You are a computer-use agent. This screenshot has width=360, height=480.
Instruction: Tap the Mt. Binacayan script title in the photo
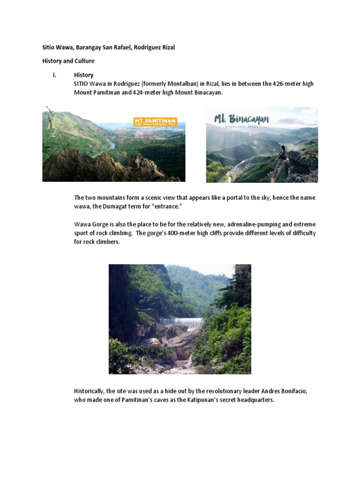pyautogui.click(x=241, y=118)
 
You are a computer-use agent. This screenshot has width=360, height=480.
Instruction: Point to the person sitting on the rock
pyautogui.click(x=282, y=153)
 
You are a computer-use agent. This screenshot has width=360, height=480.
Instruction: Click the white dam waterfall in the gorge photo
pyautogui.click(x=181, y=323)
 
